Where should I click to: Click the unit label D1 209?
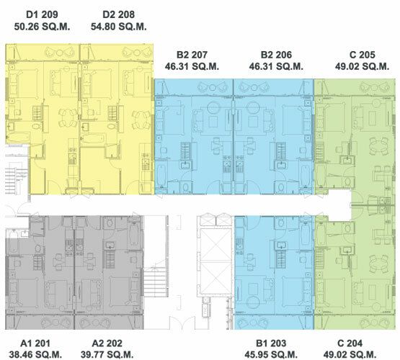coord(42,14)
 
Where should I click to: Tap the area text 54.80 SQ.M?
coord(119,27)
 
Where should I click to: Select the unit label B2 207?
coord(192,55)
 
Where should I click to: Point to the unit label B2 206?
coord(276,55)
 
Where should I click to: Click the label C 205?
coord(363,55)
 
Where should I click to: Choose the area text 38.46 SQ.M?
coord(36,354)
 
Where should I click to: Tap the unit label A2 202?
coord(107,343)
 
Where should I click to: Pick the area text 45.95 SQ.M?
coord(271,354)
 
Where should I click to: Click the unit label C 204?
coord(350,343)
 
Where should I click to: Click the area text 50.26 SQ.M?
coord(42,27)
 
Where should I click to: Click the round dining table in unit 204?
coord(379,264)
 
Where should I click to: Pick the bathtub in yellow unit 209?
coord(18,138)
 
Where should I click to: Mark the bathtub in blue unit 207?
coord(161,176)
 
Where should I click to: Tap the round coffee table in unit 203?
coord(253,302)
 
